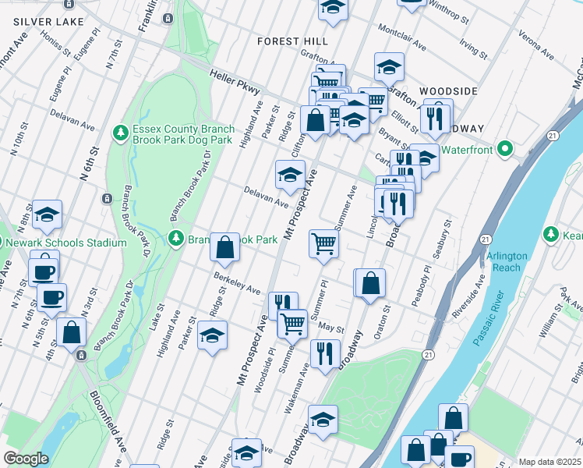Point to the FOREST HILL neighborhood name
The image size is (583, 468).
click(x=293, y=41)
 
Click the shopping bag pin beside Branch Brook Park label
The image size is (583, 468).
click(x=224, y=248)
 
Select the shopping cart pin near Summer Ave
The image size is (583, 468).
click(x=323, y=243)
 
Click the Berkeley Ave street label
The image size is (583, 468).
click(x=238, y=282)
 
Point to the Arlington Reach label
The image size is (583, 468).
click(x=507, y=261)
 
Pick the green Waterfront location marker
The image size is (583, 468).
click(x=505, y=147)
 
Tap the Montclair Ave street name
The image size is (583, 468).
click(x=402, y=46)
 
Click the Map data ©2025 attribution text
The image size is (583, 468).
click(x=549, y=462)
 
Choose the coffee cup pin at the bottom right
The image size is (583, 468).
click(x=459, y=457)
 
